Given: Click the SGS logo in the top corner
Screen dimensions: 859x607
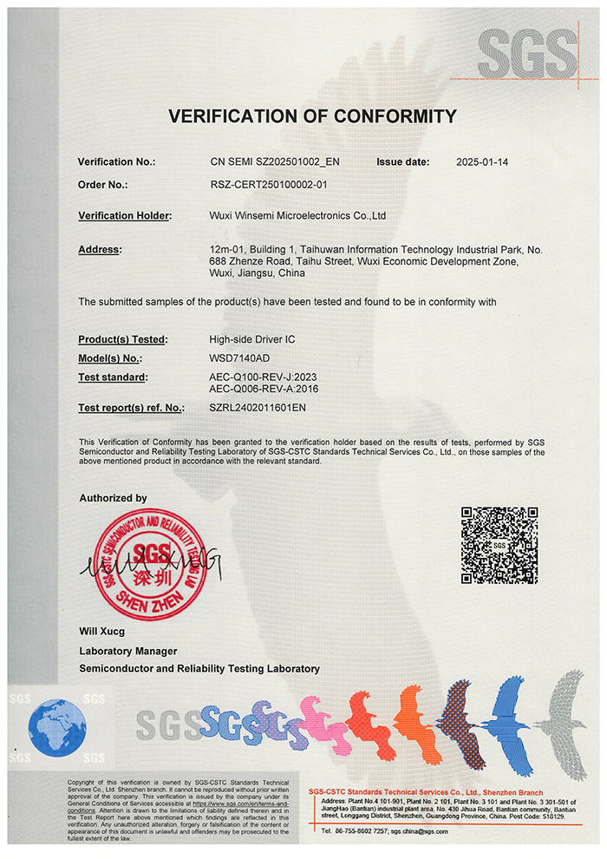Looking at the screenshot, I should coord(526,53).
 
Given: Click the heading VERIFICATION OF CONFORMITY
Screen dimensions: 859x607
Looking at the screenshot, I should coord(312,116).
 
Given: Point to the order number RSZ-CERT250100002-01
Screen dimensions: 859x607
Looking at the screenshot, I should coord(269,184).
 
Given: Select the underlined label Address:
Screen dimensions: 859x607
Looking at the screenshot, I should coord(100,250).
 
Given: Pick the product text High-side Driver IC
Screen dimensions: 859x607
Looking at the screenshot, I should coord(252,339).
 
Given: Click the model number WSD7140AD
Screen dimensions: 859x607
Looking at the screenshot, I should coord(238,358).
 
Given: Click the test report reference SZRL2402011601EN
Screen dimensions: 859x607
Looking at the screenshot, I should coord(258,407).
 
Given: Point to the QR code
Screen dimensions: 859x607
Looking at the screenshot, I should coord(499,545).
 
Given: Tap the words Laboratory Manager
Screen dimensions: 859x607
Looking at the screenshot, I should coord(127,651).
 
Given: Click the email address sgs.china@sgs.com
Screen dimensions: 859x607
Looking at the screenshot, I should coord(420,830).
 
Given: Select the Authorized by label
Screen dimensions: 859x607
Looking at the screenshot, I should coord(113,498).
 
